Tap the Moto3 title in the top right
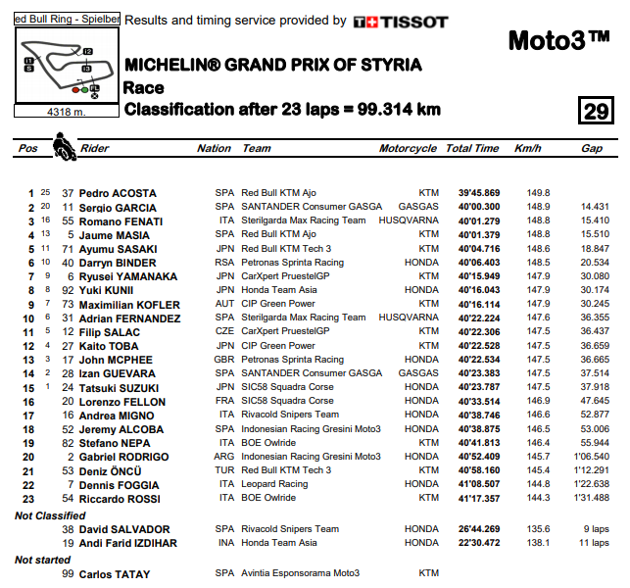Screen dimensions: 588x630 click(559, 40)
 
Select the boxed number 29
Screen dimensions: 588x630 click(595, 110)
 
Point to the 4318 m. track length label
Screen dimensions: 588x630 click(66, 112)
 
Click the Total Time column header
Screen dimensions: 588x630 click(472, 149)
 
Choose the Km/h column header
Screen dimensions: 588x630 click(527, 149)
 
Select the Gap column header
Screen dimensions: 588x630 click(592, 149)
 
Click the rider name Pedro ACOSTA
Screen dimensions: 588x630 click(118, 193)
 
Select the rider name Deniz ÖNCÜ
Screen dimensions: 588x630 click(110, 470)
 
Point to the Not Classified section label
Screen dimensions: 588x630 click(51, 515)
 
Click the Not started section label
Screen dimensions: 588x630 click(42, 560)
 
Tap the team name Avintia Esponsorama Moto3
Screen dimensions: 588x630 click(301, 573)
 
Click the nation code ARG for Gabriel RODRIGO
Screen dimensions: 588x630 click(225, 457)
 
